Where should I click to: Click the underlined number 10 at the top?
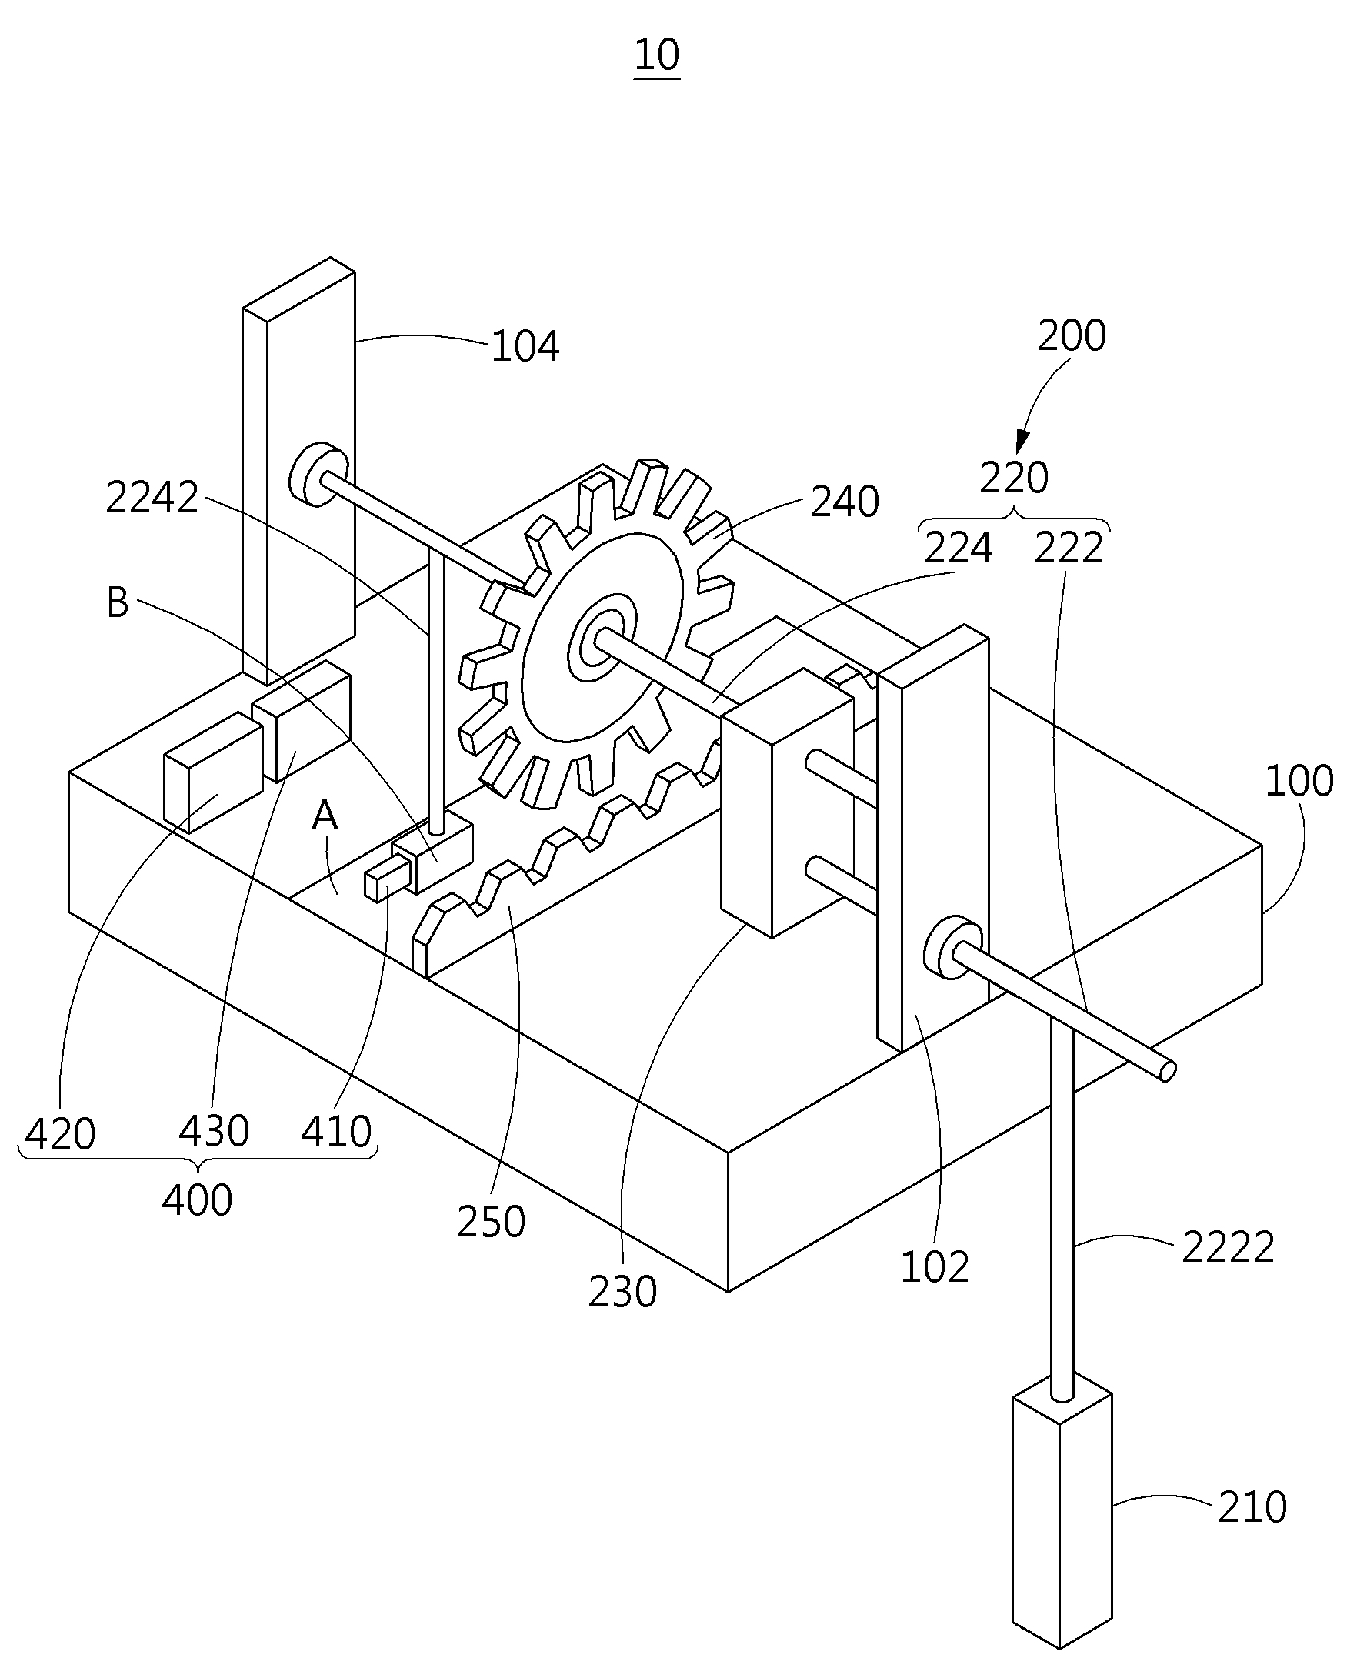(x=658, y=55)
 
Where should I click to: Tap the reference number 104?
(x=525, y=346)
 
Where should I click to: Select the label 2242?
(x=152, y=497)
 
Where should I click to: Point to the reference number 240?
(x=845, y=502)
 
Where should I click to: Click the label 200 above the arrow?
(x=1072, y=336)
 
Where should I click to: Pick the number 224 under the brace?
(x=959, y=548)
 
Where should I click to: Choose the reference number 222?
(x=1069, y=548)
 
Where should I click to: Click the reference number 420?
(x=61, y=1134)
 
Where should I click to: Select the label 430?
(x=214, y=1131)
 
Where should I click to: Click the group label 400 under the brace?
(x=198, y=1200)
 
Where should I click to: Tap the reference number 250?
(x=491, y=1222)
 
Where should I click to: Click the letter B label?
(x=118, y=603)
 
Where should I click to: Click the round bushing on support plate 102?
(x=954, y=947)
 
